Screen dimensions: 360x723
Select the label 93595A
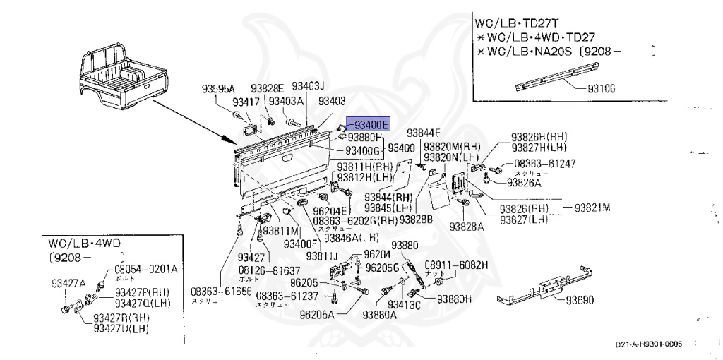click(x=217, y=89)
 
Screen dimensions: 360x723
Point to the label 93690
click(x=579, y=299)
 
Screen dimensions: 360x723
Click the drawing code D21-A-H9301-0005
click(x=648, y=345)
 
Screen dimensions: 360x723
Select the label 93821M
click(x=592, y=208)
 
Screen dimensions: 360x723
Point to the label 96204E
click(x=330, y=210)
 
